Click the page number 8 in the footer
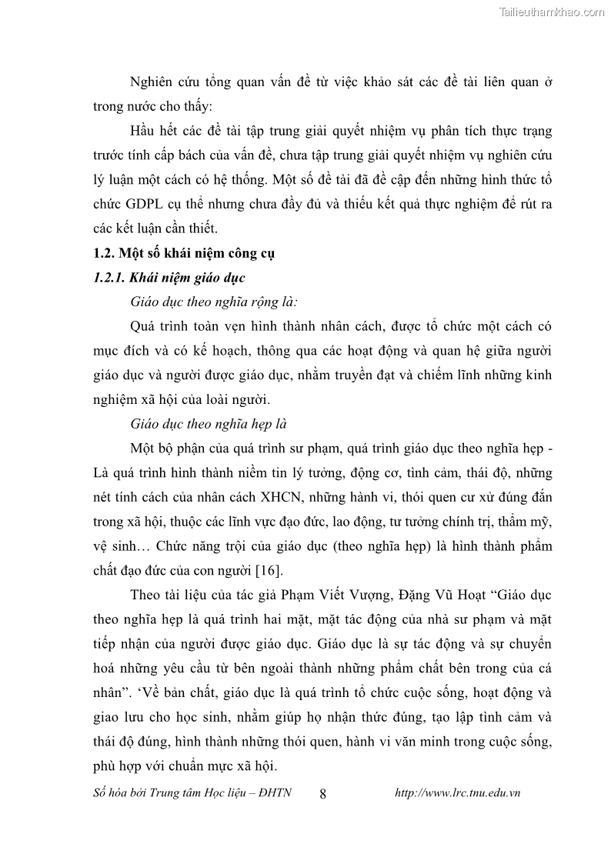point(322,794)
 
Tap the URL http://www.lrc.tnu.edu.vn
point(457,793)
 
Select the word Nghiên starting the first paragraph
point(152,82)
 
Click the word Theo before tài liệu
point(148,595)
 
